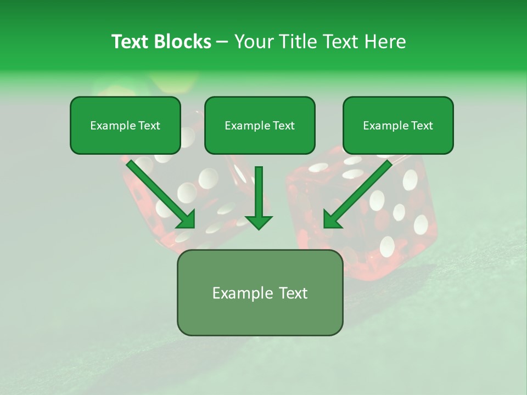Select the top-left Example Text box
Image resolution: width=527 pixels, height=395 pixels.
(125, 126)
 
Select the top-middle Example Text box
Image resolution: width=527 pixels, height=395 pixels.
(260, 126)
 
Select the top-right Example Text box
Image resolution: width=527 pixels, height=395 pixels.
(398, 126)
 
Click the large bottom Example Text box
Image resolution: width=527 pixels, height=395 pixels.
(260, 293)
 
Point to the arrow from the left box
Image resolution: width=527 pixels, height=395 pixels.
(159, 192)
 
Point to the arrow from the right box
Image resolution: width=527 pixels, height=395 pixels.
(360, 192)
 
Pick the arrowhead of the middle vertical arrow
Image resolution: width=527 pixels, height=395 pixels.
(259, 222)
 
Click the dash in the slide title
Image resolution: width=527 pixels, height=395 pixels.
(222, 42)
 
